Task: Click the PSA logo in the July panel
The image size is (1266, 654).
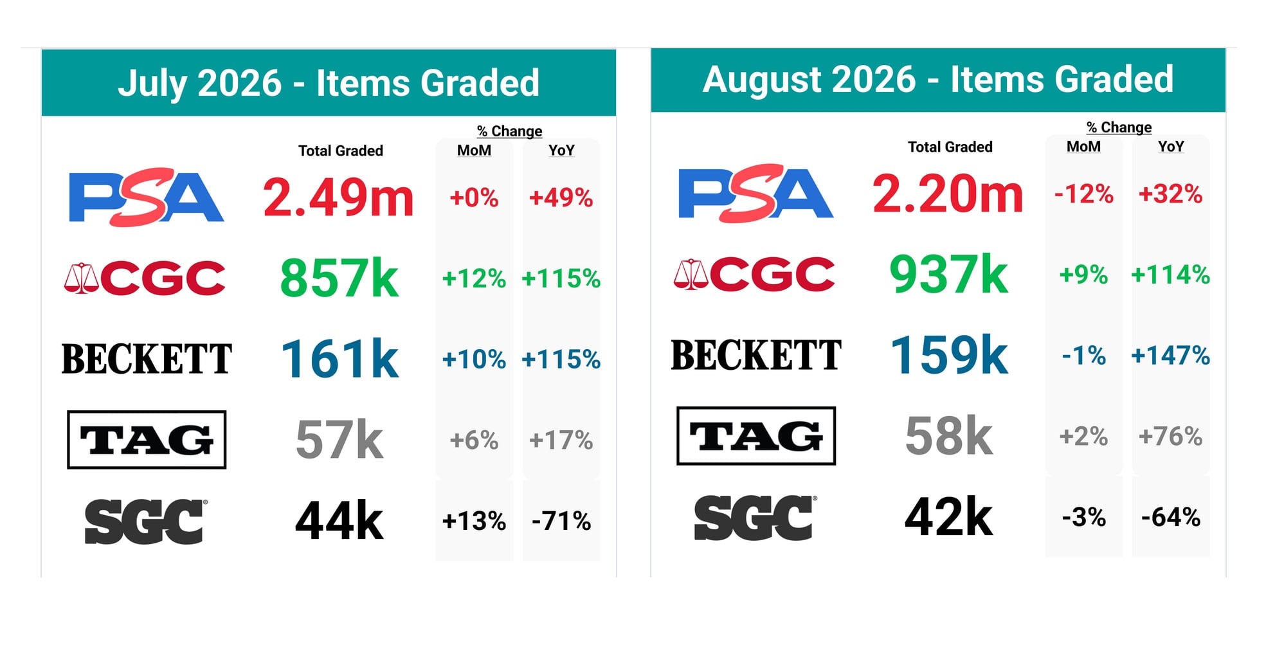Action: click(146, 197)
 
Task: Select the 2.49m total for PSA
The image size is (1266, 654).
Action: click(338, 197)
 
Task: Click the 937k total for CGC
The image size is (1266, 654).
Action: click(948, 275)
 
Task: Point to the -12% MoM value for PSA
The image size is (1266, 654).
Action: click(1084, 194)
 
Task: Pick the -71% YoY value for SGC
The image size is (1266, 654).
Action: click(561, 521)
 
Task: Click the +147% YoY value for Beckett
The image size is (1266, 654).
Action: click(1170, 355)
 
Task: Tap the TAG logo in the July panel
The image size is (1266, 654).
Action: click(147, 440)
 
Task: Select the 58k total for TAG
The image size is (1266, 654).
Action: click(948, 436)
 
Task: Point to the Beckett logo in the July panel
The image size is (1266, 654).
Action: click(147, 359)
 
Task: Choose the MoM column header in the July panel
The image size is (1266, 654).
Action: click(474, 150)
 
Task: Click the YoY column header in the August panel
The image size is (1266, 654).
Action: click(1171, 147)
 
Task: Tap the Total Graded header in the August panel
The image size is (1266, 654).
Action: click(950, 147)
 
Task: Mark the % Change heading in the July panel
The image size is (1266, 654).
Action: click(510, 131)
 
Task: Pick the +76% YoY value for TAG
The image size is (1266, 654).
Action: click(1170, 436)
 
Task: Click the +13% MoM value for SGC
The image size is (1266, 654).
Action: click(474, 521)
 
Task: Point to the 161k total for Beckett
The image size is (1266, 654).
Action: click(339, 359)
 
